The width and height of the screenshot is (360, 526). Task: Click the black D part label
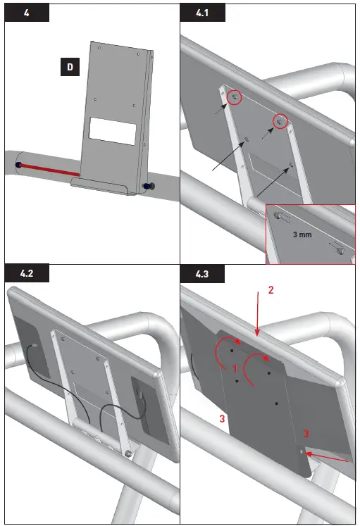[x=69, y=68]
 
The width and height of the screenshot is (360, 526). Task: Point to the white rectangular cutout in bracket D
[x=113, y=131]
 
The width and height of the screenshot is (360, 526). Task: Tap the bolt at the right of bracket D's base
[x=148, y=187]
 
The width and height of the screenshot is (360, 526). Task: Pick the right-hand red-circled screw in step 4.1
[x=281, y=123]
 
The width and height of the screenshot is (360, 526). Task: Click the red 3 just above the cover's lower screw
[x=305, y=432]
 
